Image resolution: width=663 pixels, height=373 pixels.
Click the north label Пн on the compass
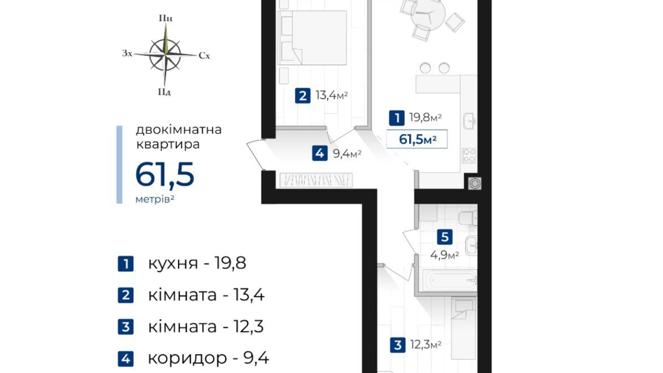(166, 18)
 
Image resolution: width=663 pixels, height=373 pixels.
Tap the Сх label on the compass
(204, 56)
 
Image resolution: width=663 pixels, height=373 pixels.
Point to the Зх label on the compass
(127, 53)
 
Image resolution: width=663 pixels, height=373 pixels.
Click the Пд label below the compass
(164, 92)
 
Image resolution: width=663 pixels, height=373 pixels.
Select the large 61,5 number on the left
(165, 175)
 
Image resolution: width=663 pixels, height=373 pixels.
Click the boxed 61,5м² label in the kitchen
(417, 139)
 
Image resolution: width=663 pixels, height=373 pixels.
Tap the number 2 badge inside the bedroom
(302, 96)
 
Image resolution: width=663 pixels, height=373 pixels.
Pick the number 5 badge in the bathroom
(444, 237)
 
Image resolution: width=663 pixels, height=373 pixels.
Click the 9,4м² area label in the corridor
(347, 154)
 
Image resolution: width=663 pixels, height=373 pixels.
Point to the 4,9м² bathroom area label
(444, 255)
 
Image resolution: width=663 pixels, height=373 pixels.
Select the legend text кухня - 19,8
(197, 263)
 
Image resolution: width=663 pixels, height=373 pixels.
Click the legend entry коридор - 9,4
(208, 358)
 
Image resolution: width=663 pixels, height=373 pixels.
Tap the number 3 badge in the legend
(125, 327)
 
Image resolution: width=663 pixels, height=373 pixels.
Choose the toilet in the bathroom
(468, 218)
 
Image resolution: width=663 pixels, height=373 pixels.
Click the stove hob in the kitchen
(469, 156)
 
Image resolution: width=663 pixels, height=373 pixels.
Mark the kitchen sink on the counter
(469, 121)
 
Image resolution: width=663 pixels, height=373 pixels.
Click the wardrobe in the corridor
(316, 180)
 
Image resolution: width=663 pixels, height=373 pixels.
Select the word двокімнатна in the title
(179, 129)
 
